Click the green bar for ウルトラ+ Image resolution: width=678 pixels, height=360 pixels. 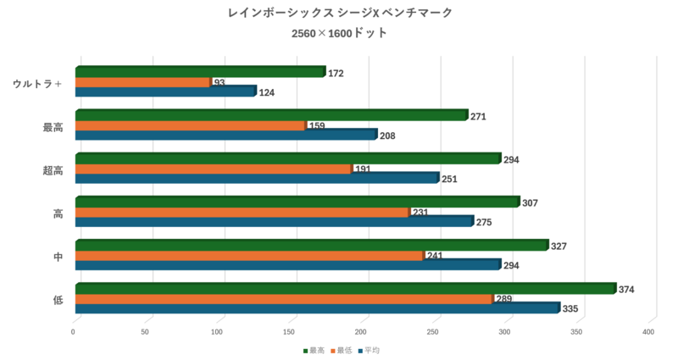tap(200, 72)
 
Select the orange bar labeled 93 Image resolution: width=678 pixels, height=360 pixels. tap(142, 82)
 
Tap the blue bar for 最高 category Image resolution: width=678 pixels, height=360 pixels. tap(225, 135)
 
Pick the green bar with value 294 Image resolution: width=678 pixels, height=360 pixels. tap(288, 158)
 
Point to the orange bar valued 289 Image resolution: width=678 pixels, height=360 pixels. tap(283, 299)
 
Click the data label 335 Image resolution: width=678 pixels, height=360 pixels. tap(570, 309)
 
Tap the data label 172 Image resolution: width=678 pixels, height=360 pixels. tap(336, 74)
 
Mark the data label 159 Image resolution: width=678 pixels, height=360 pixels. tap(317, 126)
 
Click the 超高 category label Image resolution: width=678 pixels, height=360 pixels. tap(53, 170)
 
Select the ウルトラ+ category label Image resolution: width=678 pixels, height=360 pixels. tap(38, 83)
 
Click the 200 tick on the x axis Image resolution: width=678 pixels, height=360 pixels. tap(363, 332)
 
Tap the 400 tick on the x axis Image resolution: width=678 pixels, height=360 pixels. tap(649, 332)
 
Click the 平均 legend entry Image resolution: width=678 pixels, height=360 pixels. tap(371, 351)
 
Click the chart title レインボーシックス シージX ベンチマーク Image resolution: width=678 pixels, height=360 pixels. tap(340, 13)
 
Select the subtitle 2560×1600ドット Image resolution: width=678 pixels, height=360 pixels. tap(339, 34)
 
